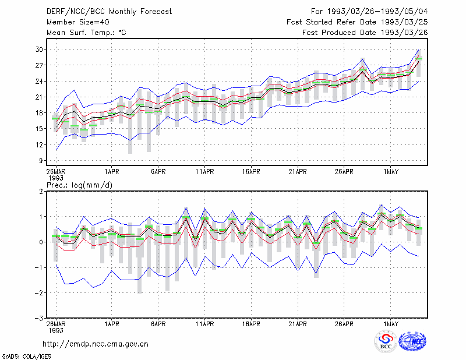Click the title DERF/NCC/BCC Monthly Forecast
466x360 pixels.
(x=109, y=12)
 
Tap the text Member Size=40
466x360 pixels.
(x=78, y=22)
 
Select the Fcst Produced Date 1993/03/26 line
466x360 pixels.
(x=365, y=33)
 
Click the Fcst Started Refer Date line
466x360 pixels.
(x=357, y=22)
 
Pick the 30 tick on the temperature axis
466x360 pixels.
(x=39, y=50)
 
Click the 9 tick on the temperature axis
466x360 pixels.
(x=41, y=161)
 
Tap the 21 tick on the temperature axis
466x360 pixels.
(x=39, y=97)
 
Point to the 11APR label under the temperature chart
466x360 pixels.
(x=205, y=172)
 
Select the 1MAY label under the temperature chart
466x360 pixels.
(x=390, y=172)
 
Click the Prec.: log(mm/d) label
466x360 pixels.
(x=79, y=185)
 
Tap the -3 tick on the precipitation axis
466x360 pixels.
(x=38, y=319)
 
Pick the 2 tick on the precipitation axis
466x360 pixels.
(x=41, y=192)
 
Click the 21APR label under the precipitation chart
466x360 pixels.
(x=298, y=324)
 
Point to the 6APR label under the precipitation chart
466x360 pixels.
(x=158, y=324)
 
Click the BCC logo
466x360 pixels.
(x=386, y=341)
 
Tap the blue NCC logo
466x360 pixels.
(x=412, y=341)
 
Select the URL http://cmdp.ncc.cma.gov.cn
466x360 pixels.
(x=96, y=344)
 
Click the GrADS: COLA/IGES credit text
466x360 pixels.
(x=26, y=357)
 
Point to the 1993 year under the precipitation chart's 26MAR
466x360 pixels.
(x=56, y=330)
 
